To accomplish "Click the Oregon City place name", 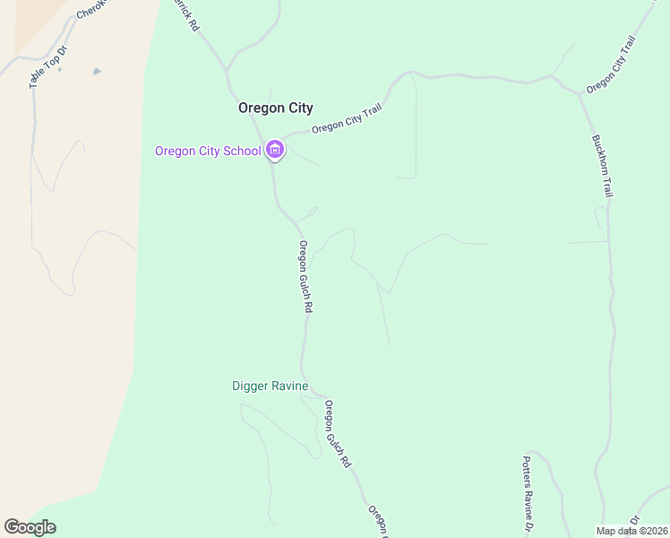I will coord(275,108).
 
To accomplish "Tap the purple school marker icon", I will coord(275,150).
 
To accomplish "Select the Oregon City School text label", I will coord(208,151).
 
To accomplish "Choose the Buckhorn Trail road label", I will coord(603,166).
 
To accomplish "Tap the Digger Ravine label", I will coord(271,386).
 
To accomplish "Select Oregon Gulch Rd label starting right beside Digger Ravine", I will coord(338,434).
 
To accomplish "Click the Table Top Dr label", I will coord(48,65).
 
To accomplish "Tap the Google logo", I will coord(30,527).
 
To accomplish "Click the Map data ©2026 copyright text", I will coord(632,531).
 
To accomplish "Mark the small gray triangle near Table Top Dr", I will coord(97,71).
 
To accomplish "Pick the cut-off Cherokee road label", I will coord(90,10).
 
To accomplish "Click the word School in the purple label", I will coord(241,151).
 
